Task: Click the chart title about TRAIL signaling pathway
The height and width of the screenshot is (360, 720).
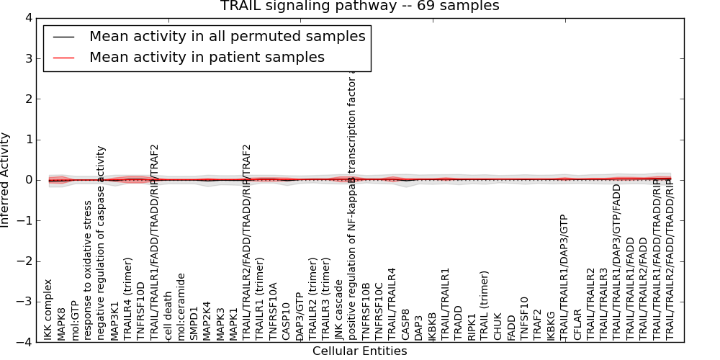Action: coord(359,6)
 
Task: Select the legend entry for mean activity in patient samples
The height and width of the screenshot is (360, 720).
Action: coord(207,57)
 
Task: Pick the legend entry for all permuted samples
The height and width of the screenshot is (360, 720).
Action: coord(227,36)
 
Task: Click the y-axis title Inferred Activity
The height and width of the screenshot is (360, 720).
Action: coord(6,180)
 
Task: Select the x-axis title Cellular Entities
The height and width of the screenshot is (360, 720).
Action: coord(359,351)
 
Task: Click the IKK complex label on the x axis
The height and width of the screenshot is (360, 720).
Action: coord(48,310)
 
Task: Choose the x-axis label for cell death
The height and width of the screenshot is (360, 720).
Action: coord(168,316)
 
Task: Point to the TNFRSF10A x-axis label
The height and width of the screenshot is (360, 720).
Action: coord(274,310)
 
